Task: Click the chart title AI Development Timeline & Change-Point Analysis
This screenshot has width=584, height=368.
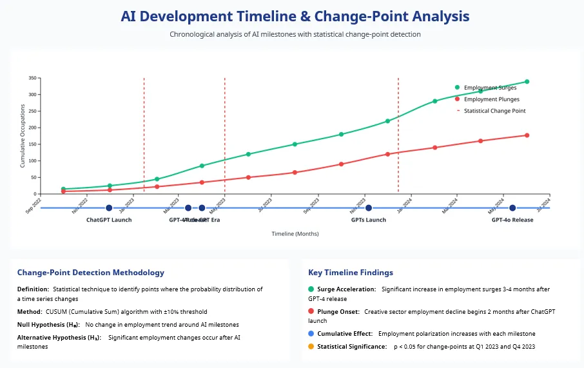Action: click(x=295, y=16)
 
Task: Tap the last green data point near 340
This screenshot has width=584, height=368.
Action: click(x=527, y=82)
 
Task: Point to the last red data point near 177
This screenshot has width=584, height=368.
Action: click(x=527, y=135)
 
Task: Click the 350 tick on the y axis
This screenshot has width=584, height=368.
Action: click(x=32, y=78)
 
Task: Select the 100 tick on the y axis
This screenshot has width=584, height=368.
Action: click(x=32, y=161)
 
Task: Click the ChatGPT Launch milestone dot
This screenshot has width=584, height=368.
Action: click(x=109, y=208)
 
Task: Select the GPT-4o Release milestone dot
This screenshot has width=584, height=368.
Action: click(x=512, y=208)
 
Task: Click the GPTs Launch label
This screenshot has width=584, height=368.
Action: click(x=369, y=220)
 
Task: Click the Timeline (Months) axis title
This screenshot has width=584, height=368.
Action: click(x=295, y=234)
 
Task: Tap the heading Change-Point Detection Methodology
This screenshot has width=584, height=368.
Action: click(x=91, y=273)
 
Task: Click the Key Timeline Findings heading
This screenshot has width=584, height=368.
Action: click(x=351, y=273)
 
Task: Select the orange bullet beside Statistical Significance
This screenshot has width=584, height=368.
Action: click(x=312, y=347)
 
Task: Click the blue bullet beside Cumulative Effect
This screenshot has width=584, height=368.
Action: click(x=312, y=334)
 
